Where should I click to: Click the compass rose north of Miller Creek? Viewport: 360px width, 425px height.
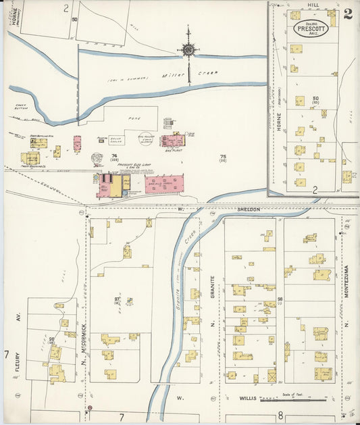click(188, 49)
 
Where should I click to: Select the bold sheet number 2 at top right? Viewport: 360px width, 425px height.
click(347, 14)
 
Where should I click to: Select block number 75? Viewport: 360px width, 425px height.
click(222, 157)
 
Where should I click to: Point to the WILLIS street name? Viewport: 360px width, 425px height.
click(248, 399)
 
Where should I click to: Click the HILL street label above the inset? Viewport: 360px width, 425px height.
click(312, 4)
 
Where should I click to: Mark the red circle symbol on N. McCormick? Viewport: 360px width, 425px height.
click(87, 409)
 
